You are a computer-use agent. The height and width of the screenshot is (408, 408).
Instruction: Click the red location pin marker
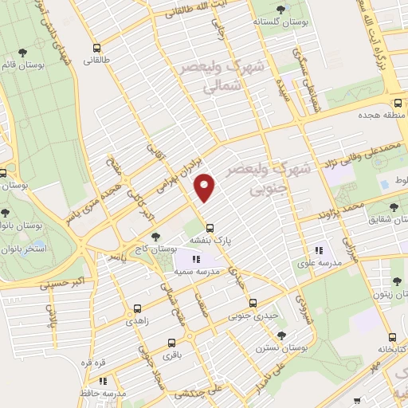(206, 187)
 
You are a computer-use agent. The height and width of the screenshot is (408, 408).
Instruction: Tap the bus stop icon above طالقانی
(97, 47)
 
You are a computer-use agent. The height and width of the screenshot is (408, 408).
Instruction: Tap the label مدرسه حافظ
(103, 394)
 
